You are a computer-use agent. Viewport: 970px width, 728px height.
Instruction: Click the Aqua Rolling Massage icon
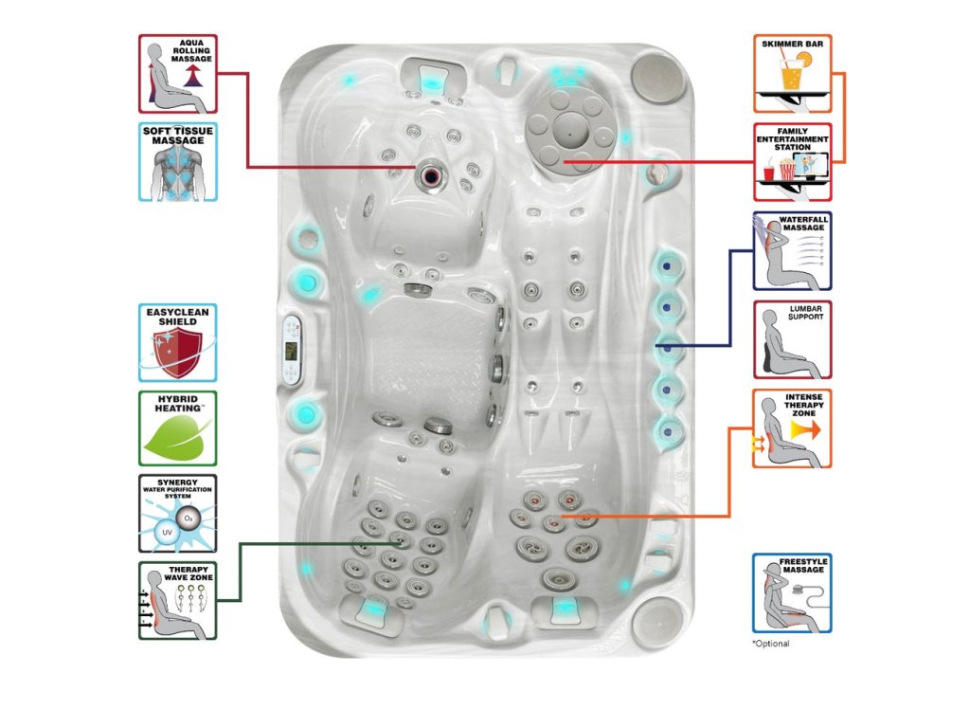pos(178,75)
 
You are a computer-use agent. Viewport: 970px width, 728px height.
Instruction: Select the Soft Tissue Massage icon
pos(178,161)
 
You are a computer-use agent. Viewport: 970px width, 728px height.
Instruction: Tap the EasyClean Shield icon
pos(178,342)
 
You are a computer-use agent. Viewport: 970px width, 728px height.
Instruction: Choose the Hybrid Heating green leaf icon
pos(178,428)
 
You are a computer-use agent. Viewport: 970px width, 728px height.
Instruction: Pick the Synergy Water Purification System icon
pos(178,513)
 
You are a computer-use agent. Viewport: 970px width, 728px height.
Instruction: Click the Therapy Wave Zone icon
pos(178,600)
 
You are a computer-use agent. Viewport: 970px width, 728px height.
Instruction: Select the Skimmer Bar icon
pos(793,74)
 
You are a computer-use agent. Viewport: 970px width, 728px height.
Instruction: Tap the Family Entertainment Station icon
pos(793,161)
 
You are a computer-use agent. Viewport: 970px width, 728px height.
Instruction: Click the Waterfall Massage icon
pos(793,250)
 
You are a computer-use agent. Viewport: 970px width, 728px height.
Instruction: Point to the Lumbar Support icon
pos(793,339)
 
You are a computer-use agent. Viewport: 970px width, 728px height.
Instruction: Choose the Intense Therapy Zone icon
pos(793,428)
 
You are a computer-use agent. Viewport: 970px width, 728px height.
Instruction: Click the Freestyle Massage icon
pos(793,593)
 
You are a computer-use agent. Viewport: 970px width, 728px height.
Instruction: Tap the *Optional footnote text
pos(770,644)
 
